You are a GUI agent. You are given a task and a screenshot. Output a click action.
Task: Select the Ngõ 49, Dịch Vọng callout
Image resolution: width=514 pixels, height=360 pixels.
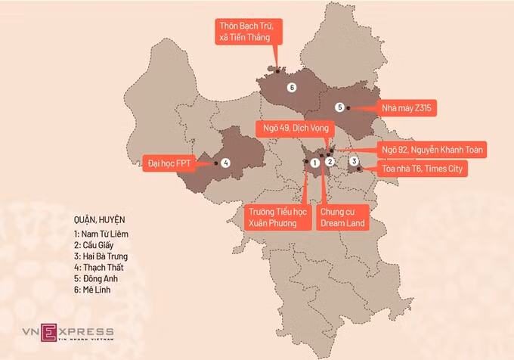pyautogui.click(x=292, y=126)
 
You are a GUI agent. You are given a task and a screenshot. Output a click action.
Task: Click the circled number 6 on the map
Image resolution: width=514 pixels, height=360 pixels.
pyautogui.click(x=292, y=88)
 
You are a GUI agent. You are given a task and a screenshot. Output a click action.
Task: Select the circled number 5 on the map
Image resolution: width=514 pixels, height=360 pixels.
pyautogui.click(x=339, y=107)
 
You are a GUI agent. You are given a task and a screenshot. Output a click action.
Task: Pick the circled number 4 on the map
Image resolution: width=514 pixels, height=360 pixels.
pyautogui.click(x=225, y=163)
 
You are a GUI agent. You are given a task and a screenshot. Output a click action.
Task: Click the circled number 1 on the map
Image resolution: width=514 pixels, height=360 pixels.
pyautogui.click(x=314, y=162)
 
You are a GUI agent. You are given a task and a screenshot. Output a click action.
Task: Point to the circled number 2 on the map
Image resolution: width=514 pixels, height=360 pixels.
pyautogui.click(x=330, y=162)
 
